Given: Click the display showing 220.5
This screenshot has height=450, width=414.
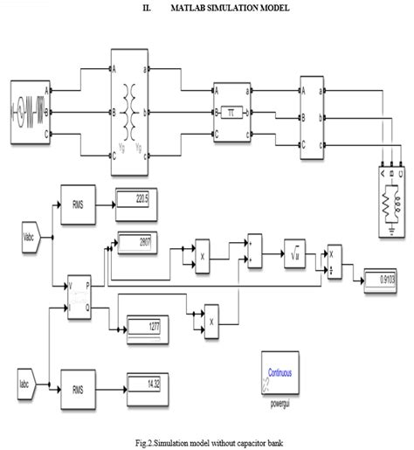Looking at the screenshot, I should [x=135, y=199].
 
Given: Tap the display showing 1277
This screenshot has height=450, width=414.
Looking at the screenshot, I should [x=148, y=325].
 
